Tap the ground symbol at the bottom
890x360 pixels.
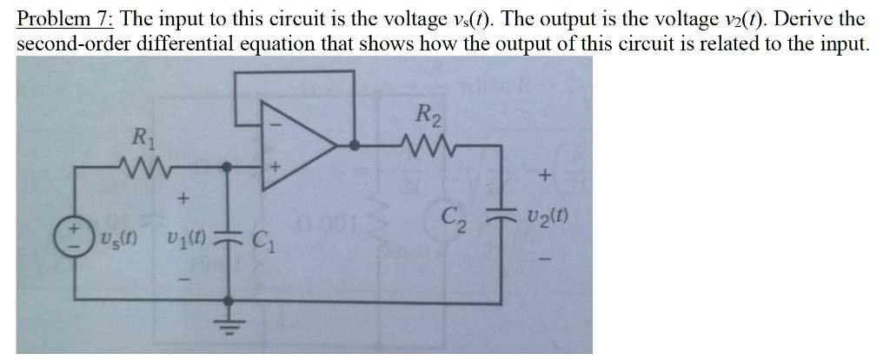(x=230, y=323)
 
